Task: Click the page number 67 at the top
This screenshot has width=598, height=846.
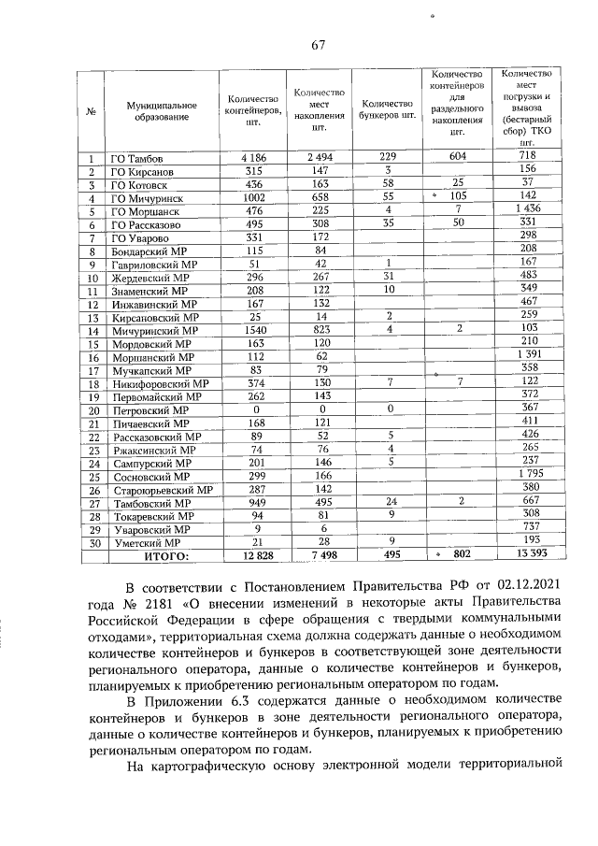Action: pos(317,45)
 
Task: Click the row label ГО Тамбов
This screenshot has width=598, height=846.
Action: pos(136,158)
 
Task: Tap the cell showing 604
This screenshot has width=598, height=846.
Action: pos(457,157)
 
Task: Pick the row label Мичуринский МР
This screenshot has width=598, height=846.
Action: pos(155,330)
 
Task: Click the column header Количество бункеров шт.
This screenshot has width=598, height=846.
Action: pos(388,109)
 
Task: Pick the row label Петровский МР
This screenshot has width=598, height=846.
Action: pos(149,409)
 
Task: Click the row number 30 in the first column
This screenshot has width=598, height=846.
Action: pos(93,543)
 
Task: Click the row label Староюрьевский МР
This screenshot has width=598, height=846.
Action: pos(162,490)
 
